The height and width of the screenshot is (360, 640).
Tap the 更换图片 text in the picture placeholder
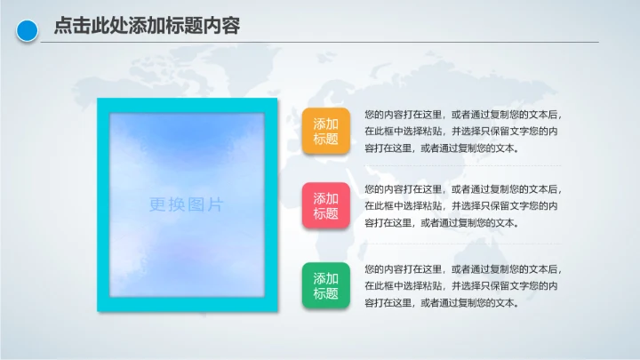[x=187, y=205]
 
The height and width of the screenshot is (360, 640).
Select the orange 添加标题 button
[x=326, y=132]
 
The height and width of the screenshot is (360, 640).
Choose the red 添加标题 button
[x=326, y=206]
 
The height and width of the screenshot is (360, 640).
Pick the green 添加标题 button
[x=326, y=285]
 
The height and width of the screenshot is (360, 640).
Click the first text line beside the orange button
[x=463, y=115]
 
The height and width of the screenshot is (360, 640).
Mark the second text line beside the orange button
[x=461, y=132]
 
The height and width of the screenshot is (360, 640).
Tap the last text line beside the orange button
[x=441, y=148]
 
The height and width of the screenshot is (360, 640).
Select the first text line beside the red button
[x=463, y=189]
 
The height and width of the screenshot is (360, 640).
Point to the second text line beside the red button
[x=461, y=206]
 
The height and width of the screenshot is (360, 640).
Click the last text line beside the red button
[x=441, y=223]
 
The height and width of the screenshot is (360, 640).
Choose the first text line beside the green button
[x=463, y=268]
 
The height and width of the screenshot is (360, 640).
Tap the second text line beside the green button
[x=461, y=285]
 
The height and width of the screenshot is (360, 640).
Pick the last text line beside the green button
[x=441, y=302]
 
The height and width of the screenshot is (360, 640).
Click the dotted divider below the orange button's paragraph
[x=462, y=165]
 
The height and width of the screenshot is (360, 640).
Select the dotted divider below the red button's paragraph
[x=462, y=243]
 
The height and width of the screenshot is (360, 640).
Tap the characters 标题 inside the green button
[x=326, y=293]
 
